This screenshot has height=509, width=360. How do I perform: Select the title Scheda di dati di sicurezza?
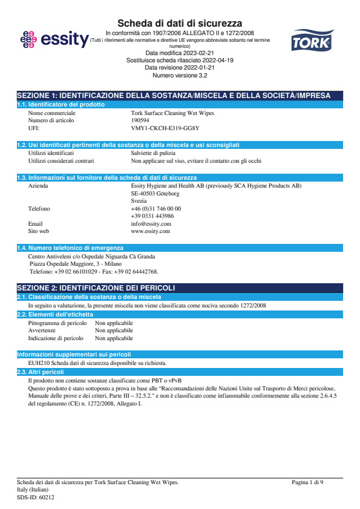180,23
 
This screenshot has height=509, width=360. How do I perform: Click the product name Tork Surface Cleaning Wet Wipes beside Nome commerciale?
172,113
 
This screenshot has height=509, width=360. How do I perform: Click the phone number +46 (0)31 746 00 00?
156,208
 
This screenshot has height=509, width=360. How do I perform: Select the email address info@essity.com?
151,223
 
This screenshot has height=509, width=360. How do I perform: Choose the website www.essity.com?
150,231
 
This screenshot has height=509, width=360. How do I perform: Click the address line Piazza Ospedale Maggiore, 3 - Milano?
76,264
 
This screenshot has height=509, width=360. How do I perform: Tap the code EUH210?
39,363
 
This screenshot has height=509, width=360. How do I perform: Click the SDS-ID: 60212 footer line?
36,497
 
